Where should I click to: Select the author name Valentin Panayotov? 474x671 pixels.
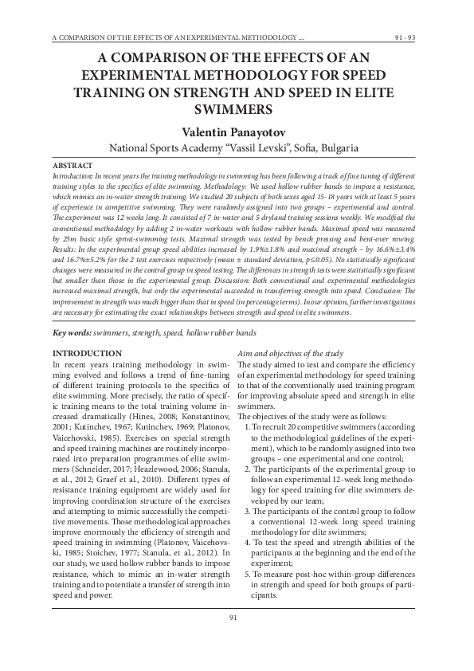tap(237, 130)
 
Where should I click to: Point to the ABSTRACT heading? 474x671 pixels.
tap(72, 166)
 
